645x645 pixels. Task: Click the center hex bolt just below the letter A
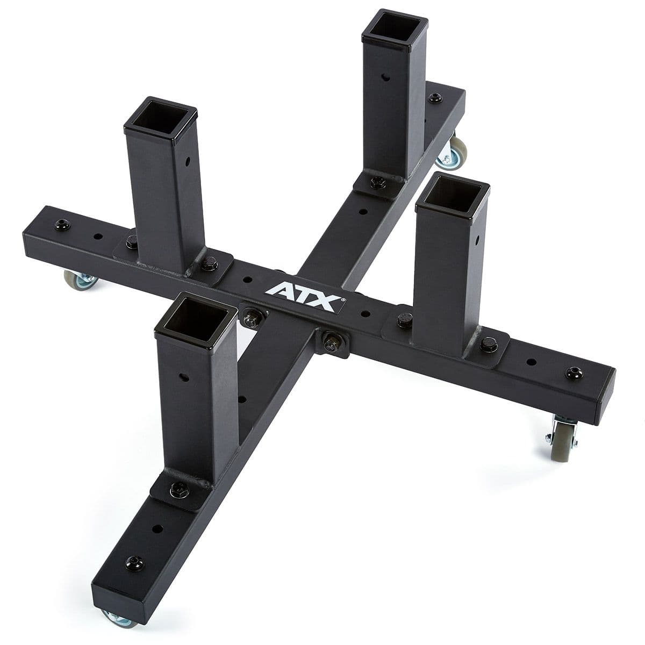[x=251, y=317]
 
